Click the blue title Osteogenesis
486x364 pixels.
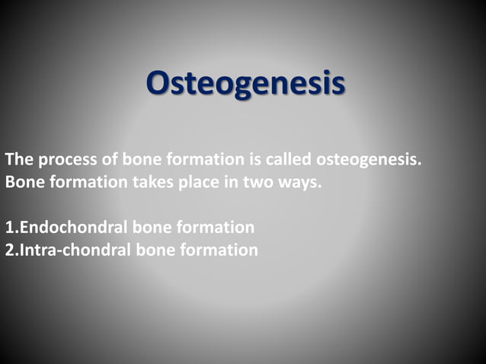coord(245,84)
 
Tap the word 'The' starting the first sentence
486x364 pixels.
coord(18,161)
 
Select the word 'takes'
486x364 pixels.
coord(155,183)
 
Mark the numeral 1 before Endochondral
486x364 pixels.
coord(8,227)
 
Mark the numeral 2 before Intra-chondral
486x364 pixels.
coord(8,249)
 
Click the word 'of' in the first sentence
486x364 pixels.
coord(106,161)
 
